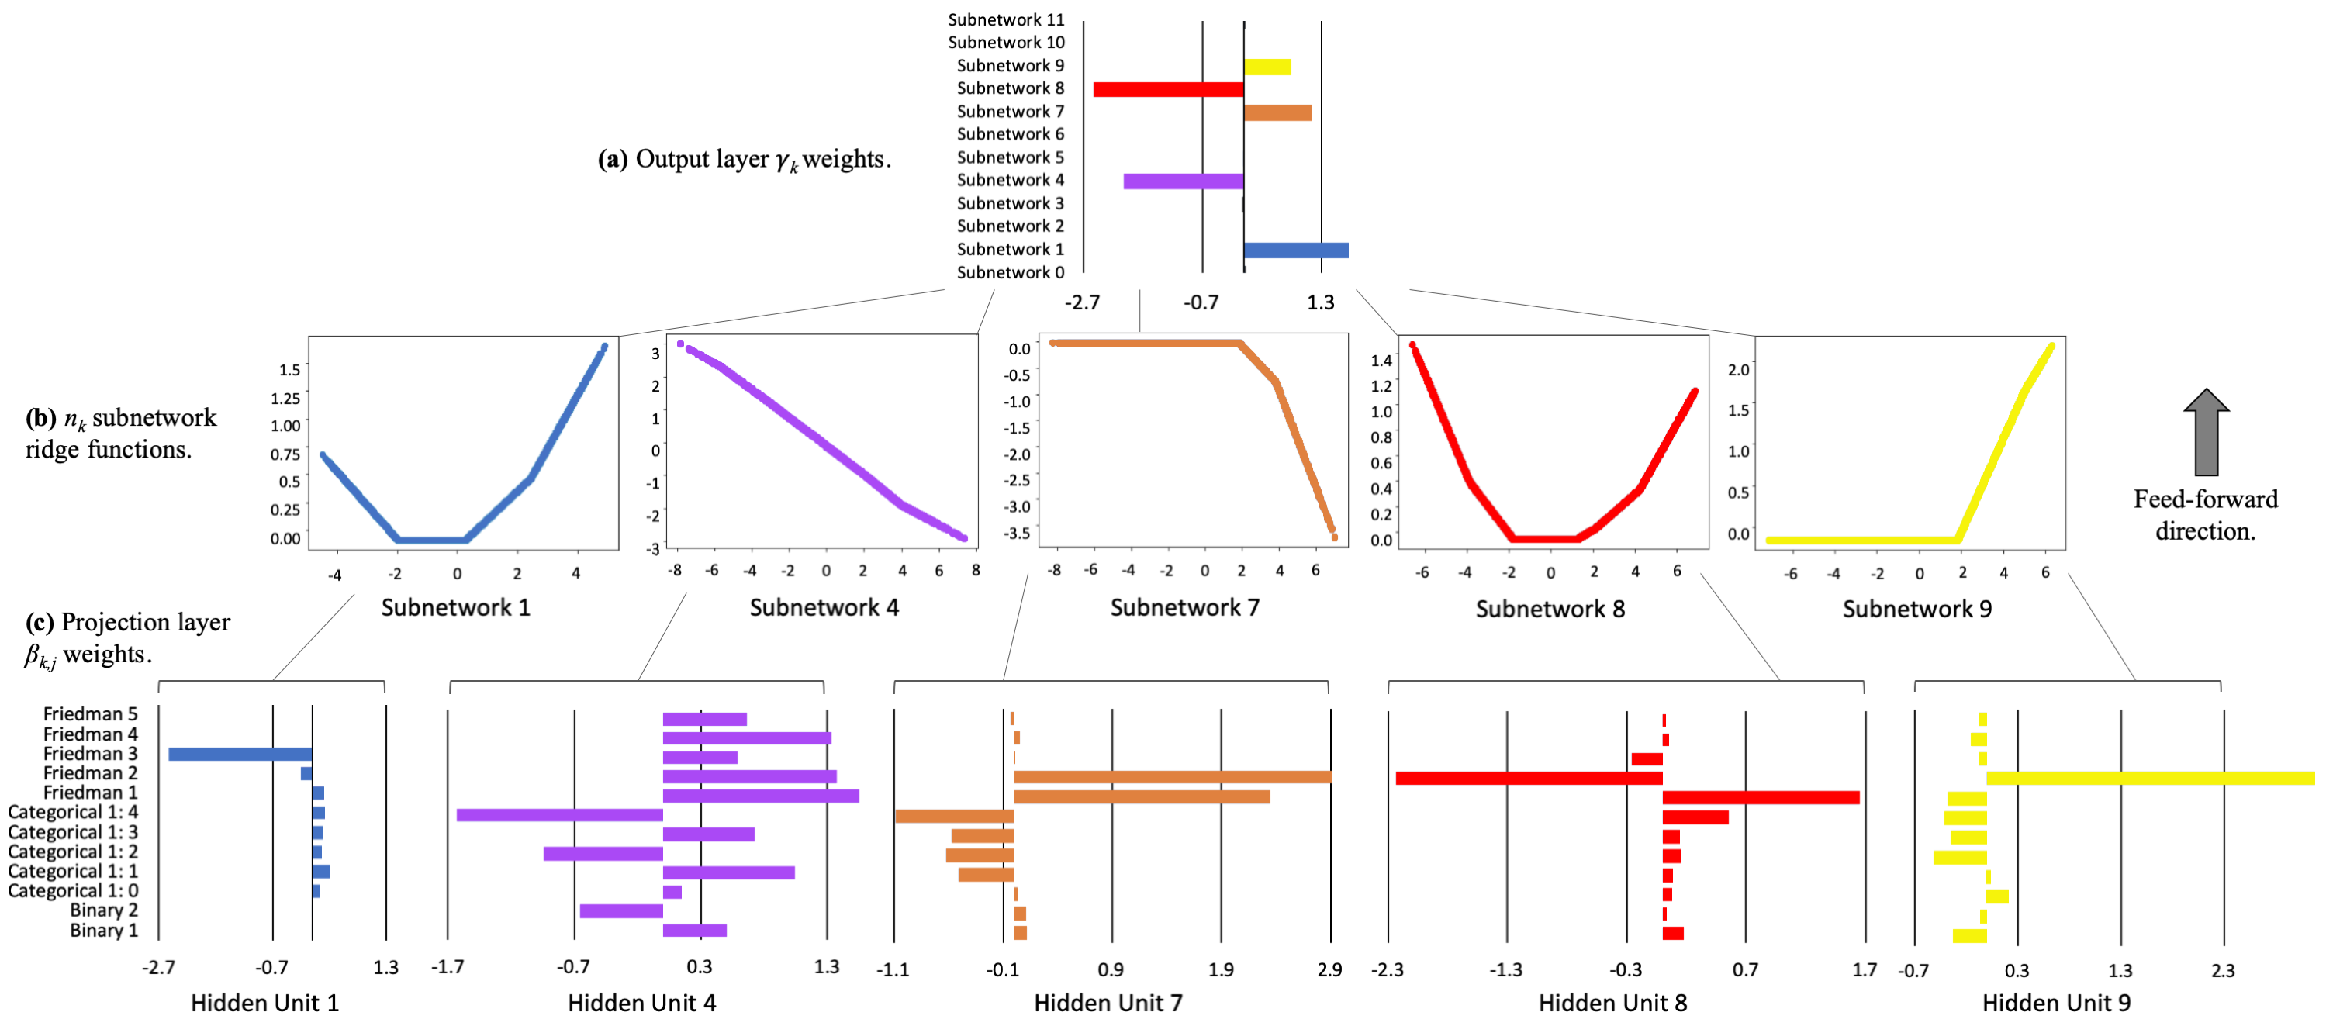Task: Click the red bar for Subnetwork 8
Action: [x=1168, y=89]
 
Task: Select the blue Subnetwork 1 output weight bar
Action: [x=1296, y=250]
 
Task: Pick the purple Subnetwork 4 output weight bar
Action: [x=1184, y=181]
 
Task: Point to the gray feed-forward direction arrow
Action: [x=2206, y=432]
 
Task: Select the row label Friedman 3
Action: [x=90, y=753]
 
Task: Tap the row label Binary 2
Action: [x=104, y=910]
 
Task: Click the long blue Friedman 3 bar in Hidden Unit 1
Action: [x=240, y=754]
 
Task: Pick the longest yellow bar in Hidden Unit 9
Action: [x=2150, y=779]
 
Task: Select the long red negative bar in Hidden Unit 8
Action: [x=1529, y=779]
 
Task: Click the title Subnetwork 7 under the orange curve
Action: [x=1184, y=608]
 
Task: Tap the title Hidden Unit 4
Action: [x=642, y=1004]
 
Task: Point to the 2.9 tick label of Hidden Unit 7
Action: [x=1329, y=970]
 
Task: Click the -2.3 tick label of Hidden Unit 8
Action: [x=1387, y=970]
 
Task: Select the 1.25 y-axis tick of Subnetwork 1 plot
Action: [x=285, y=399]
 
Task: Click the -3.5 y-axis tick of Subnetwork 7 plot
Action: [x=1018, y=533]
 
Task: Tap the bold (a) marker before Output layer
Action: [x=612, y=160]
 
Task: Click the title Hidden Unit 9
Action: [x=2056, y=1004]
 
